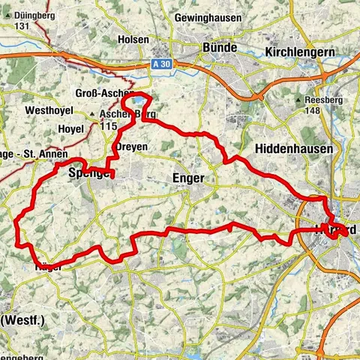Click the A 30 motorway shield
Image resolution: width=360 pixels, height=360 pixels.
point(160,64)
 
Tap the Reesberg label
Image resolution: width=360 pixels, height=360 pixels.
point(323,100)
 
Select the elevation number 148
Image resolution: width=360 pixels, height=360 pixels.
point(311,110)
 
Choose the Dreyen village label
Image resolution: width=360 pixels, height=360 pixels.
point(133,146)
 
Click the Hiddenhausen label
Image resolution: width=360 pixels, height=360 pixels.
point(293,149)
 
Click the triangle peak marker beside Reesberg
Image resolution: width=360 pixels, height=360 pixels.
point(298,100)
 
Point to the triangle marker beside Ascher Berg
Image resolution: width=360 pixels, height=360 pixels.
point(93,115)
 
